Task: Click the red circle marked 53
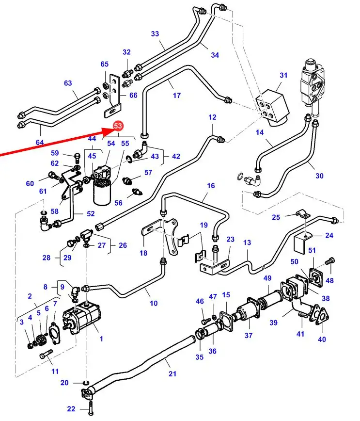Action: (118, 126)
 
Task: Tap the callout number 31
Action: (283, 75)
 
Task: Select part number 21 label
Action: (172, 373)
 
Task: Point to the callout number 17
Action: (177, 96)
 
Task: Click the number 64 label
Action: (39, 142)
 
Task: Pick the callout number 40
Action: (322, 339)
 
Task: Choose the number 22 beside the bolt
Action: (71, 409)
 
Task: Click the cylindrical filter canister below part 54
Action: (103, 196)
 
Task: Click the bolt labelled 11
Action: (46, 356)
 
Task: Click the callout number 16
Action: (210, 186)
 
